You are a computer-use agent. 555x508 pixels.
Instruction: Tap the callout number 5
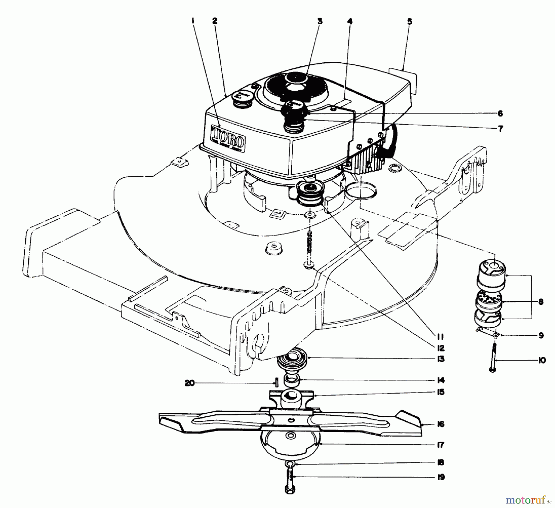click(x=409, y=22)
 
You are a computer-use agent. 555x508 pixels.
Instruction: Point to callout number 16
click(x=441, y=424)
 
